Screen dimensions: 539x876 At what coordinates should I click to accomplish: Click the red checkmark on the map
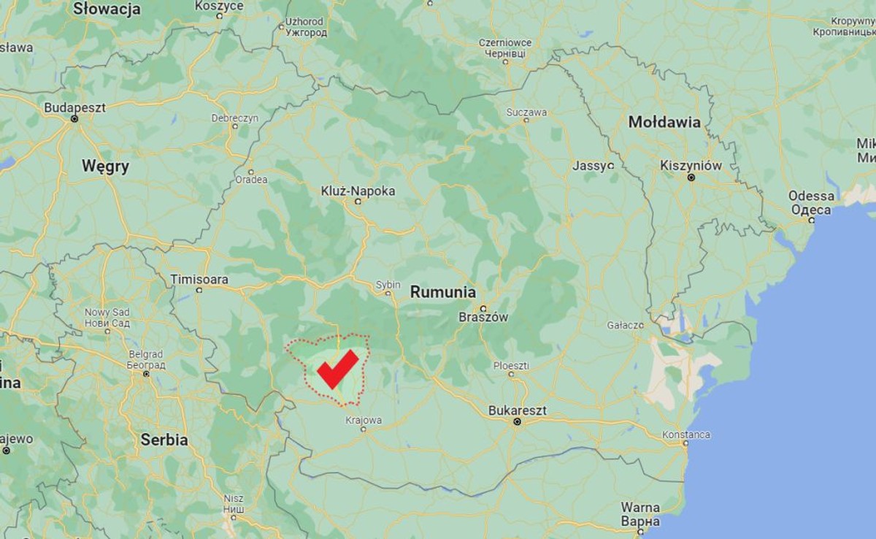point(337,369)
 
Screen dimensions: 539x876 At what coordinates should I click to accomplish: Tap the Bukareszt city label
point(517,410)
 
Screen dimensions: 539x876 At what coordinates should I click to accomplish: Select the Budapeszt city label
point(74,107)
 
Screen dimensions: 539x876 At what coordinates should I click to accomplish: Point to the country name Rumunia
point(442,292)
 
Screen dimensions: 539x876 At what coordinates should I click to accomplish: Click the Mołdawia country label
point(664,123)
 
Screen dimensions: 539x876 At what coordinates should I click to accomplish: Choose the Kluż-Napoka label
point(358,191)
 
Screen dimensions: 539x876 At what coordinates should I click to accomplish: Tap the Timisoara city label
point(199,279)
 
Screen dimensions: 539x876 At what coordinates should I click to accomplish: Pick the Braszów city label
point(483,317)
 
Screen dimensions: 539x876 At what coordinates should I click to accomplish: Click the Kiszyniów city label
point(691,165)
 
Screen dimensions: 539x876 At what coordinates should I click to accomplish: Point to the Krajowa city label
point(364,420)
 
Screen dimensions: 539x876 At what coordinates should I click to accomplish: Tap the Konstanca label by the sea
point(685,435)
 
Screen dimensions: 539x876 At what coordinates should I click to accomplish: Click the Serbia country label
point(164,440)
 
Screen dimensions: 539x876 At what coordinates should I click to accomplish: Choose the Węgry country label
point(105,167)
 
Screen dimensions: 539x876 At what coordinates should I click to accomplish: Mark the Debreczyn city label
point(235,118)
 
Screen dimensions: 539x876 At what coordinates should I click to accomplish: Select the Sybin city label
point(388,284)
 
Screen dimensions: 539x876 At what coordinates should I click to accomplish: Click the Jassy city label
point(589,166)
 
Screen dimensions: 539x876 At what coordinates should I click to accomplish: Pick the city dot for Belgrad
point(146,373)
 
